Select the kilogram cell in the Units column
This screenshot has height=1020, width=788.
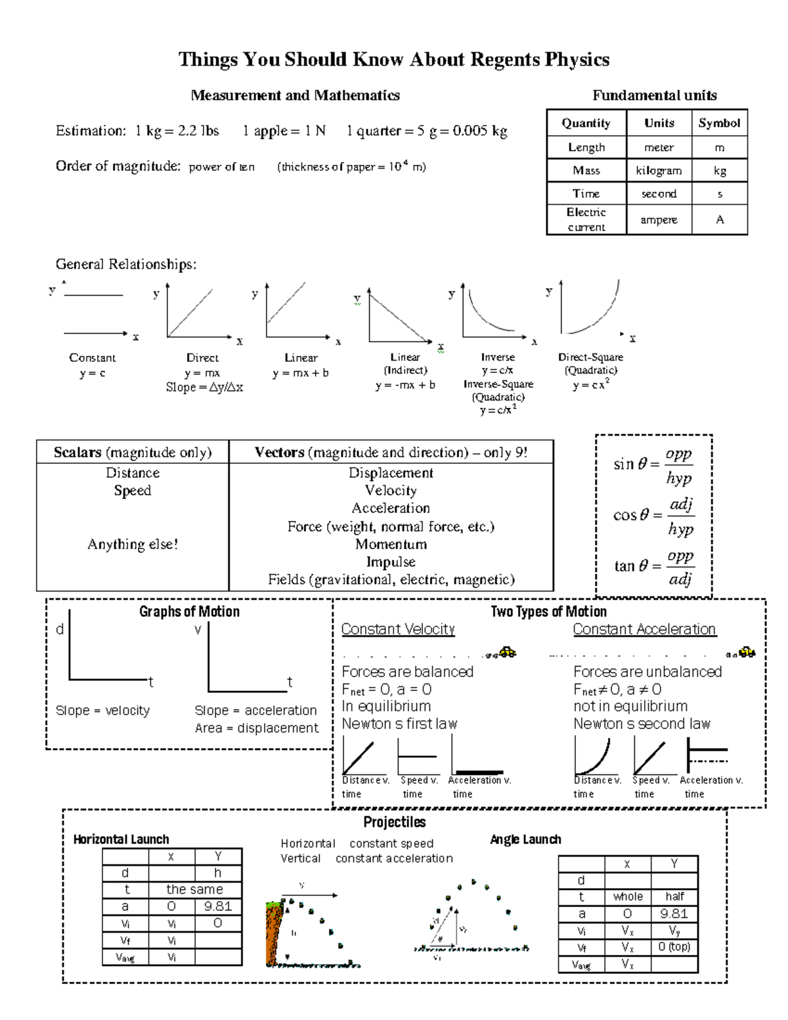click(x=658, y=171)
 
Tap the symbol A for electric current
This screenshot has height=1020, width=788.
click(x=720, y=219)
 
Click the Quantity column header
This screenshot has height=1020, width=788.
click(x=586, y=123)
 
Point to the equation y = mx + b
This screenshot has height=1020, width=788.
click(x=301, y=373)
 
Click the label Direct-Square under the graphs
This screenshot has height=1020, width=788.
click(x=590, y=357)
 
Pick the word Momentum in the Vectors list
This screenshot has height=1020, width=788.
click(x=391, y=544)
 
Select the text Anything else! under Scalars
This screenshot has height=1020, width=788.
click(x=133, y=544)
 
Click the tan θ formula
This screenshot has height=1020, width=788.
click(x=653, y=566)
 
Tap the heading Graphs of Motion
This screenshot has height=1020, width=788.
click(x=189, y=611)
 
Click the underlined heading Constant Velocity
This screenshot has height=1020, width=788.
click(x=398, y=629)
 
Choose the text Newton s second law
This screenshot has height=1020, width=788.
click(x=642, y=724)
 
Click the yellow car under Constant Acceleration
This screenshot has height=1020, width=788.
click(x=747, y=652)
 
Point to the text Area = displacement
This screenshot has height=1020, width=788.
click(x=256, y=728)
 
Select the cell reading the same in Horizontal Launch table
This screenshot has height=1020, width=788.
click(x=194, y=889)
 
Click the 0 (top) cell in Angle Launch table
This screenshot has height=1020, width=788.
click(x=674, y=947)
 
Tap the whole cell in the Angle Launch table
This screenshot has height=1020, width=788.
click(x=628, y=897)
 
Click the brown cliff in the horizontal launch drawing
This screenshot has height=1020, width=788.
click(x=273, y=933)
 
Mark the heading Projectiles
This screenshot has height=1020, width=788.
click(x=394, y=822)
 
